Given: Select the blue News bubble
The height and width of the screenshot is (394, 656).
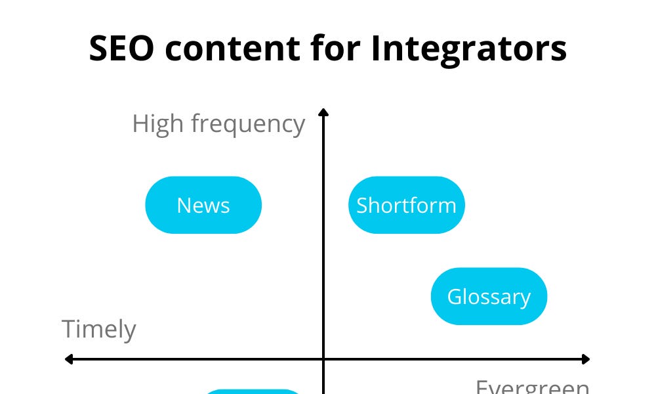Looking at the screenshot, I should (203, 205).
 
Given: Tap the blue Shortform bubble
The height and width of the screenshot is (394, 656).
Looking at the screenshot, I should (406, 205).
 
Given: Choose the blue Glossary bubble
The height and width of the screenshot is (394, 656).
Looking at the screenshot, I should (489, 296).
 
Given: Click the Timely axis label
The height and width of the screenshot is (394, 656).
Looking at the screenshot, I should (99, 329).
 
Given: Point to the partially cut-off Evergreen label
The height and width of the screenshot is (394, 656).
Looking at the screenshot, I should (532, 387).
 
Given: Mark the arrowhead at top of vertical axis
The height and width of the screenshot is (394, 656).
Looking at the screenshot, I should (323, 112).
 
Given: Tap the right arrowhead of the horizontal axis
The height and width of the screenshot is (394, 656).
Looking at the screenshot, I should (586, 359).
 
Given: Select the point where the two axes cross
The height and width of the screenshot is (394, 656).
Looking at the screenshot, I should (323, 359).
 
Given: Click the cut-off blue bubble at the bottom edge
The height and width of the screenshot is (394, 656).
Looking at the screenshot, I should (253, 391).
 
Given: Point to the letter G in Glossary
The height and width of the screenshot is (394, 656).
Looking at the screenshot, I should (454, 296).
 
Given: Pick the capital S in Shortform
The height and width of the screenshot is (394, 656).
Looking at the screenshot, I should (362, 206).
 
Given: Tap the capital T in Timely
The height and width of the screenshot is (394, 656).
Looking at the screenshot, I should (68, 329).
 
